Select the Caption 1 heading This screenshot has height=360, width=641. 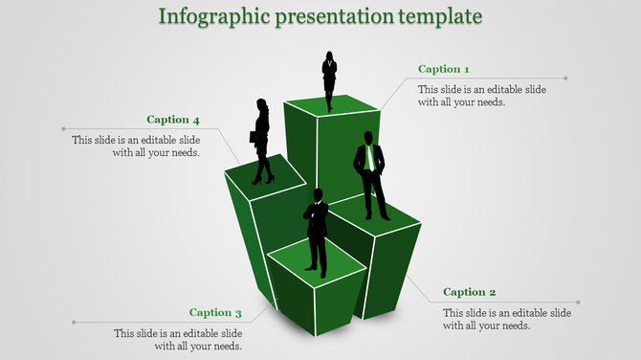coord(444,69)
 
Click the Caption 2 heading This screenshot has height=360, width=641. coord(470,292)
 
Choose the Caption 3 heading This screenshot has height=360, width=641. coord(215,312)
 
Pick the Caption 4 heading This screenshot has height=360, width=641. coord(173,120)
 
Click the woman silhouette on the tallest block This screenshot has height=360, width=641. coord(329,80)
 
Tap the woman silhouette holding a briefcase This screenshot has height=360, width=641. coord(262,141)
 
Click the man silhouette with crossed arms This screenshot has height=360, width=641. coord(317,230)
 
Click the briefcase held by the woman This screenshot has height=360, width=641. coord(254,137)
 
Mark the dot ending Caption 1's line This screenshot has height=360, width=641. coord(566,79)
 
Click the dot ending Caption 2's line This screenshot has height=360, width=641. coord(578,303)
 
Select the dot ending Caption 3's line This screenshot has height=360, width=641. coord(74,323)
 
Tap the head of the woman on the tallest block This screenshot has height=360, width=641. coord(329,56)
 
